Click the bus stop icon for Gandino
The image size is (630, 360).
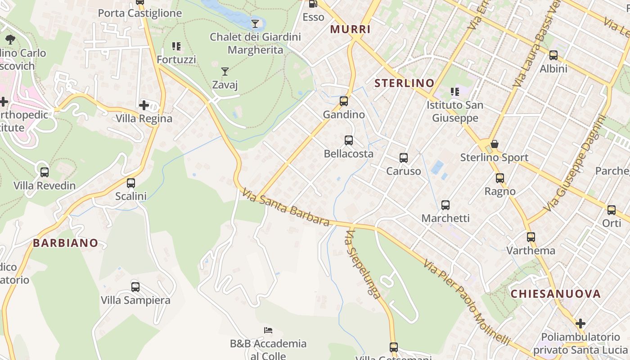pos(344,101)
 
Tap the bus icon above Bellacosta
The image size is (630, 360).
pos(349,140)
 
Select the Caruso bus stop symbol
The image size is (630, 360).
pos(404,158)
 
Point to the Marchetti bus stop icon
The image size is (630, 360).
pos(445,205)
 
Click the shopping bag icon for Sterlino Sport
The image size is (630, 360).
pos(495,144)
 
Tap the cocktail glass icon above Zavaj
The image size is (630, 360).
pos(225,71)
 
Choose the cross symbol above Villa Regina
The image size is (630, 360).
pos(144,105)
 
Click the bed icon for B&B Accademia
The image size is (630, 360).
pos(268,330)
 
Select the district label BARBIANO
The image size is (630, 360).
pos(65,243)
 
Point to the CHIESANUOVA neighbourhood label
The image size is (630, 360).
pos(556,294)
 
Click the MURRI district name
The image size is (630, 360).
pos(351,30)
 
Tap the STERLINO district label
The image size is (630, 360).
pos(405,83)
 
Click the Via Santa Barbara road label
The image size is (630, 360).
pos(286,207)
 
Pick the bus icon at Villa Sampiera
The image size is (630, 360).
pos(135,287)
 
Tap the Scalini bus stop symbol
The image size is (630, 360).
pos(131,183)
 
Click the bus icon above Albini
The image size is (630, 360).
pos(553,55)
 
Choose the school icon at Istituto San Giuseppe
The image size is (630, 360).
pos(455,92)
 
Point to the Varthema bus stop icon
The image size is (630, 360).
pos(531,237)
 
